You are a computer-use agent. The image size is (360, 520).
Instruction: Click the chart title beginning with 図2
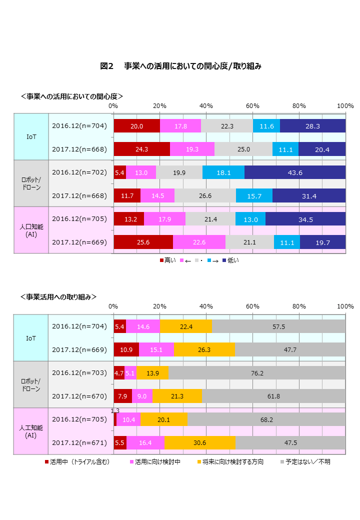[x=180, y=66]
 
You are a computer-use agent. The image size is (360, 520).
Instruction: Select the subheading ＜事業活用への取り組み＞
[x=58, y=296]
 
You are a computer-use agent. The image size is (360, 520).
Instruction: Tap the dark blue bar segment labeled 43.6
[x=294, y=172]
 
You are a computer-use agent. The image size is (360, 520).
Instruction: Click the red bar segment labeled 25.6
[x=143, y=242]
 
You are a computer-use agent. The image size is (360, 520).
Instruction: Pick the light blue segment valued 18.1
[x=223, y=172]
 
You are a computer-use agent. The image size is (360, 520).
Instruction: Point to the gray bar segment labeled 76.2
[x=257, y=373]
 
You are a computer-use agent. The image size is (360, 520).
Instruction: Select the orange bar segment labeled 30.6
[x=200, y=443]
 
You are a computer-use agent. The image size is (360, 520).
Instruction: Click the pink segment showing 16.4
[x=145, y=443]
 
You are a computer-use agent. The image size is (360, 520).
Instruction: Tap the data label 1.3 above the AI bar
[x=115, y=410]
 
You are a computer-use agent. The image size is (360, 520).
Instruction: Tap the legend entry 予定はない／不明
[x=304, y=461]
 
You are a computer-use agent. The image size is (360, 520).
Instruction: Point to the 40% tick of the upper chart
[x=206, y=106]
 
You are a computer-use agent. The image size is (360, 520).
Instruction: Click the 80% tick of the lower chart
[x=299, y=306]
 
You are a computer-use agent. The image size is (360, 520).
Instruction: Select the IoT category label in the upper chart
[x=31, y=136]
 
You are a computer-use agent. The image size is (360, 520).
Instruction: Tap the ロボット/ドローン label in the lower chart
[x=30, y=384]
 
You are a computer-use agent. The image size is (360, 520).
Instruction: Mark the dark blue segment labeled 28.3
[x=312, y=126]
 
